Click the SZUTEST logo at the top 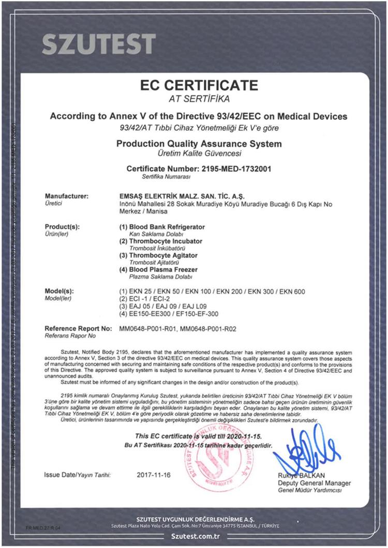point(98,44)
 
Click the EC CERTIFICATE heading point(199,85)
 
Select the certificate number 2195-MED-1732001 point(235,169)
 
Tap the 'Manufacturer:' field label point(67,196)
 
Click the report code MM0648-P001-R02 point(210,328)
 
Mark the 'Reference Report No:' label point(78,328)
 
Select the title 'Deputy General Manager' point(311,483)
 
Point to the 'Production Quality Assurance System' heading point(199,143)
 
